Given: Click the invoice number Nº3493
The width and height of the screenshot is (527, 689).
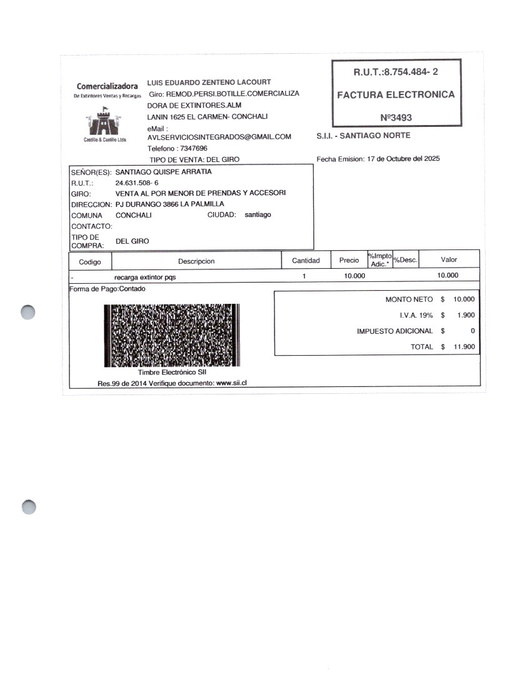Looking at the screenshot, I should tap(396, 117).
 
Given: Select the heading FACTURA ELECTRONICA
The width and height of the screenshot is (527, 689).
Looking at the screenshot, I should tap(396, 95).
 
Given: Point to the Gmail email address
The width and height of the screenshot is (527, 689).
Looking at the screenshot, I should tap(219, 137).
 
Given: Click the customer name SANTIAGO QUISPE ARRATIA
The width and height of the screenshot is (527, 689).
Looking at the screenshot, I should tap(164, 171).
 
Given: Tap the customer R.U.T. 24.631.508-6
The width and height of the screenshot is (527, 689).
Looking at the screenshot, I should tap(138, 183).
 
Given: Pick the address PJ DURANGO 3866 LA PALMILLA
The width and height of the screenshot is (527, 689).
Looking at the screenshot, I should tap(170, 204).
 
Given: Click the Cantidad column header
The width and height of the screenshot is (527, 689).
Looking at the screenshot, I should tap(306, 260).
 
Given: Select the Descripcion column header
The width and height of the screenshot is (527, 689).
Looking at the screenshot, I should tap(196, 261).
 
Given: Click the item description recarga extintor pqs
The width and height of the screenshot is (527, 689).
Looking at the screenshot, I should tap(145, 276).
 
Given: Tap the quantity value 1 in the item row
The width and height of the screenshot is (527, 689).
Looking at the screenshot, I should tap(304, 276).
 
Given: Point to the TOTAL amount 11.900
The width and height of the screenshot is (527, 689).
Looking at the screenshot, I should tap(464, 346).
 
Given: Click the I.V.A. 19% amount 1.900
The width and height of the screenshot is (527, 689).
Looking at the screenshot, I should tap(466, 315).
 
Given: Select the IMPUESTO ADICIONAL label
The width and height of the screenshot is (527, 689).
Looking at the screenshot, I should tap(394, 331).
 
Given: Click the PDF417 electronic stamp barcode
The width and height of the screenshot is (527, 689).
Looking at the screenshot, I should tap(171, 335).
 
